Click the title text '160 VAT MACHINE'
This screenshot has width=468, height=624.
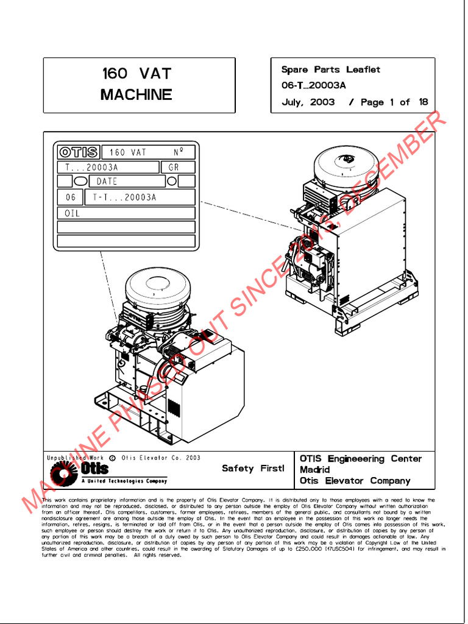click(136, 84)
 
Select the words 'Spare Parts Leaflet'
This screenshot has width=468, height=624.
click(330, 69)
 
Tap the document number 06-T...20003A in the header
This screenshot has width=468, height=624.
click(313, 86)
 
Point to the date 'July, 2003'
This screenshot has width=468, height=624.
click(308, 102)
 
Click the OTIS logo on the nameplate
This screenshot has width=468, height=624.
click(78, 152)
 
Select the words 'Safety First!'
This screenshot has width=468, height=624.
click(253, 469)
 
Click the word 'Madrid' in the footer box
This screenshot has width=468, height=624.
click(315, 470)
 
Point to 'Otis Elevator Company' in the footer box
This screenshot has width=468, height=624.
click(355, 481)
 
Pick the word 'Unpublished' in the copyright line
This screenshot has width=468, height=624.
click(65, 458)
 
